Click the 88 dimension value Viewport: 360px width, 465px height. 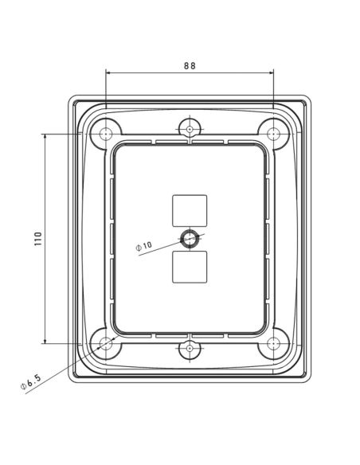[190, 66]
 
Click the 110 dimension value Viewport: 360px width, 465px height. [37, 239]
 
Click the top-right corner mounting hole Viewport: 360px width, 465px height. [273, 134]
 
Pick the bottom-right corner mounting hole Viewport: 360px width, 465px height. [273, 344]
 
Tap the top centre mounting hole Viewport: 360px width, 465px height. [190, 128]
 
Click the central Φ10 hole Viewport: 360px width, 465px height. [190, 238]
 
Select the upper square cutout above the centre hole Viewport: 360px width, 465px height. [190, 210]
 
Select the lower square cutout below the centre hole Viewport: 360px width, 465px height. [190, 267]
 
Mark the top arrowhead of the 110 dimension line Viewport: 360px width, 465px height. [45, 136]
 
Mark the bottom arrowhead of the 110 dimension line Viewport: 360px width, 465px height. [45, 342]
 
